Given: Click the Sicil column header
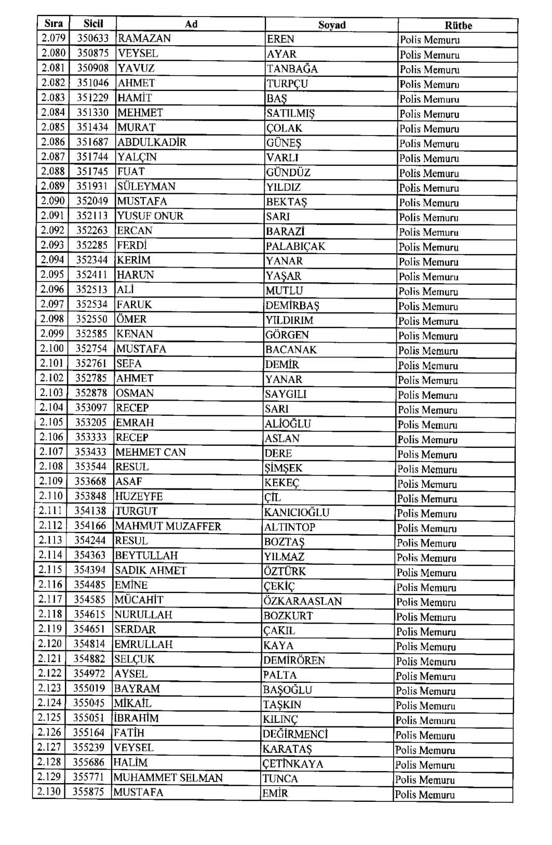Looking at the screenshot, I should coord(93,23).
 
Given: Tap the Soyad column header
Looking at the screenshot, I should coord(332,25).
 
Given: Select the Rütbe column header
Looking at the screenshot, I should coord(458,25).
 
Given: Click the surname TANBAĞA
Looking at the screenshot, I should coord(292,69).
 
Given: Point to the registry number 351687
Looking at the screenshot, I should coord(93,142).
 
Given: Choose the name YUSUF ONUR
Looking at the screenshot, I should coord(150,216).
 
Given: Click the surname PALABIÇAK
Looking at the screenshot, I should coord(295,246).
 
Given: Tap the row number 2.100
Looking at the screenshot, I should coord(52,349).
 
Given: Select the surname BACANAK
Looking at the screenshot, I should coord(291,350).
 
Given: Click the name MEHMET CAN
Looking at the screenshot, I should coord(151,452).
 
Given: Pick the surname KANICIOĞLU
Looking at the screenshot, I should coord(297,512).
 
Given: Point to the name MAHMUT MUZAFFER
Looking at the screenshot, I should coord(168,526).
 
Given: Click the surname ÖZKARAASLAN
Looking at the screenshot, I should coord(303,601).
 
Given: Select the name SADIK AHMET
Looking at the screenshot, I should coord(151,571).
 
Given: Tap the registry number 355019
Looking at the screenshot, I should coord(89,688).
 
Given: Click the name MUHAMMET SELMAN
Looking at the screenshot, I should coord(168,778).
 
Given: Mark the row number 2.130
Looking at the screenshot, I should coord(49,792).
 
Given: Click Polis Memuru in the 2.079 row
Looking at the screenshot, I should coord(429,40).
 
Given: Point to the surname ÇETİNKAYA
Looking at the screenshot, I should coord(293,764).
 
